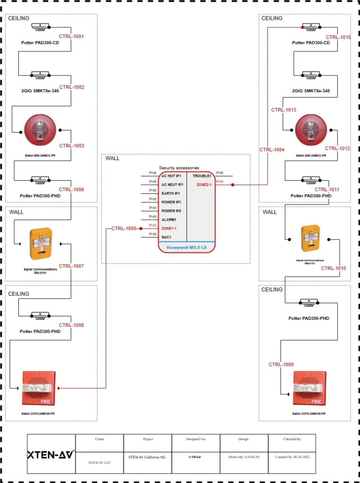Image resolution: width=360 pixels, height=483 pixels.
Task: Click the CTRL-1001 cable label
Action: click(71, 36)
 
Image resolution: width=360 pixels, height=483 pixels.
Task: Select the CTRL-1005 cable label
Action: click(124, 228)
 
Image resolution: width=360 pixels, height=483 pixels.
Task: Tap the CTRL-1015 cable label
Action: click(338, 37)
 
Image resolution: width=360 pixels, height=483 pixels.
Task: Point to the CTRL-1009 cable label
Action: click(281, 365)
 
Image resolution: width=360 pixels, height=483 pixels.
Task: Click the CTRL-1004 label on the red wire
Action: click(272, 150)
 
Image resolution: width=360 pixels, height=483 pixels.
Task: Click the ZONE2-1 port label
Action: click(204, 184)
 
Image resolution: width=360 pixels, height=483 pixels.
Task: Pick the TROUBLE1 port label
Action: click(202, 175)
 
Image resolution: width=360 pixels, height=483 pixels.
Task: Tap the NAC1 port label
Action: click(166, 237)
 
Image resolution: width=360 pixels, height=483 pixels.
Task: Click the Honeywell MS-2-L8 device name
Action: click(186, 247)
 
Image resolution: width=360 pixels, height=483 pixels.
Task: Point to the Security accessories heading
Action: click(179, 168)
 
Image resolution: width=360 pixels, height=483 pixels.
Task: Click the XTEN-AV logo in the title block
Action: click(51, 455)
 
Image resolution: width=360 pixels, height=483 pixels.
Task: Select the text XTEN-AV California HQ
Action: click(147, 457)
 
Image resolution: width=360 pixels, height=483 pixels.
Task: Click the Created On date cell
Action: click(292, 457)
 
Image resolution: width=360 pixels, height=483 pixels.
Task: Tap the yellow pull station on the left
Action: click(41, 244)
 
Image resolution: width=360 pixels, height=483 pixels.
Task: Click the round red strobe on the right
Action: click(311, 130)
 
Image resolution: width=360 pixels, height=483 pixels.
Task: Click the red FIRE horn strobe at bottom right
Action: click(309, 388)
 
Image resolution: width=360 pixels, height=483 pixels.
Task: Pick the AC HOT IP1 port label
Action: click(171, 175)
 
